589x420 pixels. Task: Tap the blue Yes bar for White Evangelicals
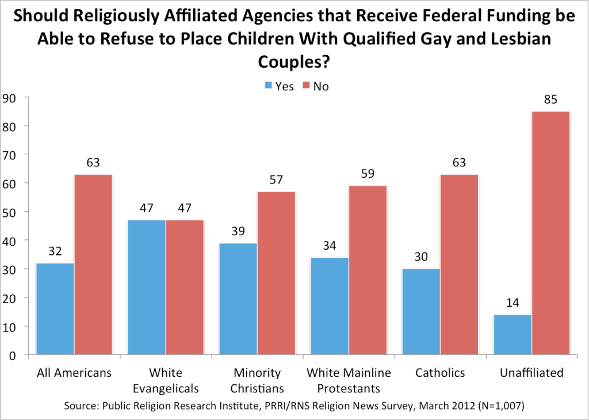click(146, 287)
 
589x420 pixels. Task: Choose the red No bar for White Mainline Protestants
click(367, 270)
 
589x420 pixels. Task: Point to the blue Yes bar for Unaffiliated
click(512, 335)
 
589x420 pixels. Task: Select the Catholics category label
click(440, 373)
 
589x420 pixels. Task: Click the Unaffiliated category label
click(531, 373)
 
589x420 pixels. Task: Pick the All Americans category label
click(74, 373)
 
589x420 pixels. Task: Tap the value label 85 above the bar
click(550, 100)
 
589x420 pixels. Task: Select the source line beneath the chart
click(294, 406)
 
